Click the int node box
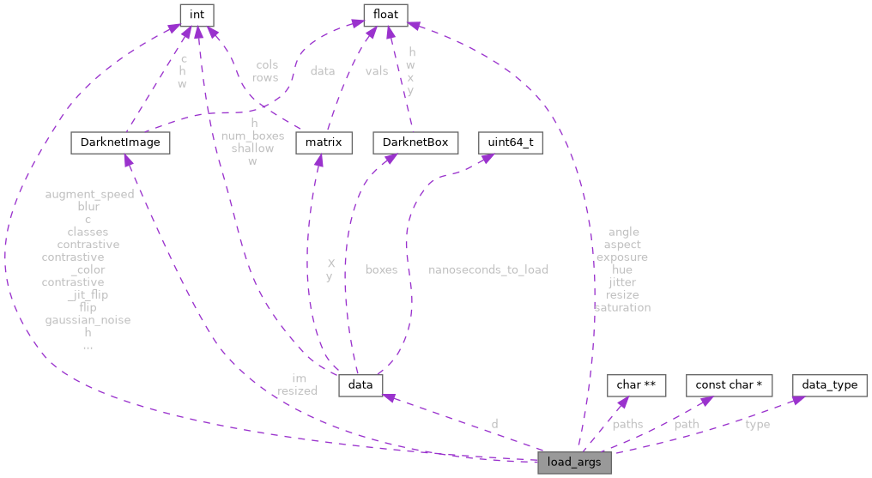point(197,15)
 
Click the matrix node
point(324,142)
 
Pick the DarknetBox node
point(415,142)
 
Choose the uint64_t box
point(511,142)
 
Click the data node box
point(360,384)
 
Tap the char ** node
point(636,384)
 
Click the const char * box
point(729,384)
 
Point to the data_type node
point(829,384)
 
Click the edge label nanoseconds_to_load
point(488,269)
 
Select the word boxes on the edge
point(381,269)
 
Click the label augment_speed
point(89,194)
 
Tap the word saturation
point(622,307)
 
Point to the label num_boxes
point(252,136)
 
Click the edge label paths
point(627,424)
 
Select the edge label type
point(757,424)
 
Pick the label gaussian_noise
point(88,320)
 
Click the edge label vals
point(376,71)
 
